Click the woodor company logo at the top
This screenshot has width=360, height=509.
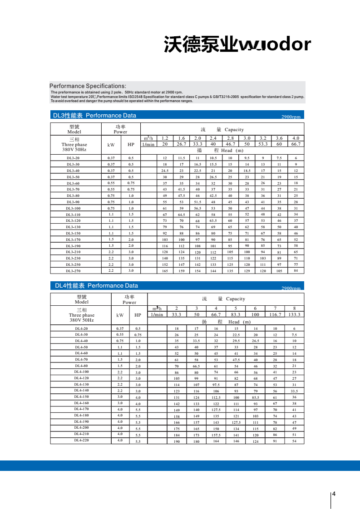[237, 44]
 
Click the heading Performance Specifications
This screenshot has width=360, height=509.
[88, 86]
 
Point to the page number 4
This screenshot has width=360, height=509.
[334, 494]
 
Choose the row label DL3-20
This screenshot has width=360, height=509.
[73, 158]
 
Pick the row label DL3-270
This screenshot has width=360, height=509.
[73, 270]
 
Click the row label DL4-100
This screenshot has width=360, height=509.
[82, 372]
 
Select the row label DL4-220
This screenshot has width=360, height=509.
[82, 440]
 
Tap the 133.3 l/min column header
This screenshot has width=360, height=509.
[294, 314]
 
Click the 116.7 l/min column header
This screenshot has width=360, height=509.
[275, 314]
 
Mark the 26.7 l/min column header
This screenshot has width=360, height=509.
[181, 144]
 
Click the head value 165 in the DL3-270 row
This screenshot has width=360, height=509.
[165, 271]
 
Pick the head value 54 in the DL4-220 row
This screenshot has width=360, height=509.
[294, 441]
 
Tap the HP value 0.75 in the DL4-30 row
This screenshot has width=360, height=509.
[138, 335]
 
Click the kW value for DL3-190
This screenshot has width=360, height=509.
[111, 245]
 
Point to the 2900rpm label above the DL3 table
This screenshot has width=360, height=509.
[291, 117]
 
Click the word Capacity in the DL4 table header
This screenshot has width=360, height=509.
[235, 299]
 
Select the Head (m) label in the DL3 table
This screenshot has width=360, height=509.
[232, 151]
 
